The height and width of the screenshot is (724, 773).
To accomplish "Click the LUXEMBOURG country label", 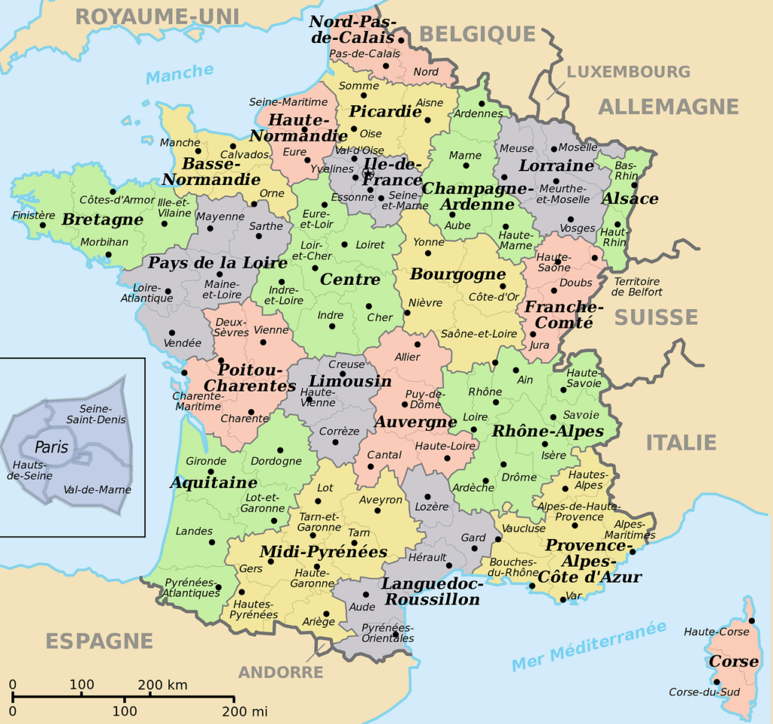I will [x=628, y=72].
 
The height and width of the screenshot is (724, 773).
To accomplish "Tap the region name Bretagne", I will [x=103, y=219].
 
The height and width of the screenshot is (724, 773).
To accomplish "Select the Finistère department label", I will [x=34, y=215].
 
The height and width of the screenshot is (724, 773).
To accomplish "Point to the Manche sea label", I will [x=180, y=73].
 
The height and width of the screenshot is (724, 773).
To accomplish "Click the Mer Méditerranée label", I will [x=590, y=646].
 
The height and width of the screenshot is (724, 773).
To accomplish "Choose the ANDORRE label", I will [x=281, y=672].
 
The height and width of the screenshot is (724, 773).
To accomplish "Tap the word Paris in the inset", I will [x=51, y=447].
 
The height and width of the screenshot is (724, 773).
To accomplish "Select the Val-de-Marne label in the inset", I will [x=97, y=490].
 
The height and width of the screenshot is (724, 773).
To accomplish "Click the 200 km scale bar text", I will [x=162, y=685].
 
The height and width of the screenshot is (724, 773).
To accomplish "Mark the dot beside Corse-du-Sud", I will [x=717, y=683].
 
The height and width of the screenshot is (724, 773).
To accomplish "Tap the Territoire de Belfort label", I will [x=636, y=286].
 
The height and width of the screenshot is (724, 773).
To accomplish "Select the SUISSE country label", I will [x=656, y=317].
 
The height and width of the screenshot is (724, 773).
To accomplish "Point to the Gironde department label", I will [x=205, y=461].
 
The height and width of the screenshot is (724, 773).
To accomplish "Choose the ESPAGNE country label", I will [x=99, y=642].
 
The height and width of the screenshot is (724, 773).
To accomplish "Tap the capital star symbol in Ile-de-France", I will [x=368, y=174].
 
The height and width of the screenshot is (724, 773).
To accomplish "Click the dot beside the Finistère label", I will [x=42, y=224].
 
